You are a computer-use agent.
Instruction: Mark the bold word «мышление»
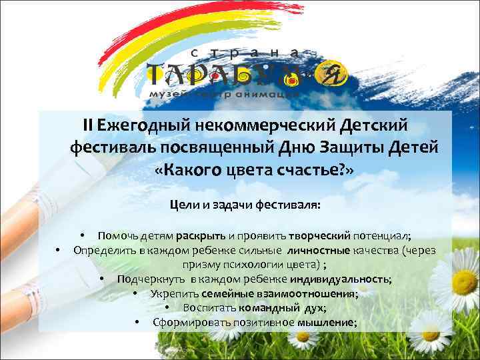click(x=329, y=323)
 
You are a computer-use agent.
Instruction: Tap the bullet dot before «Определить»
click(x=59, y=251)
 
